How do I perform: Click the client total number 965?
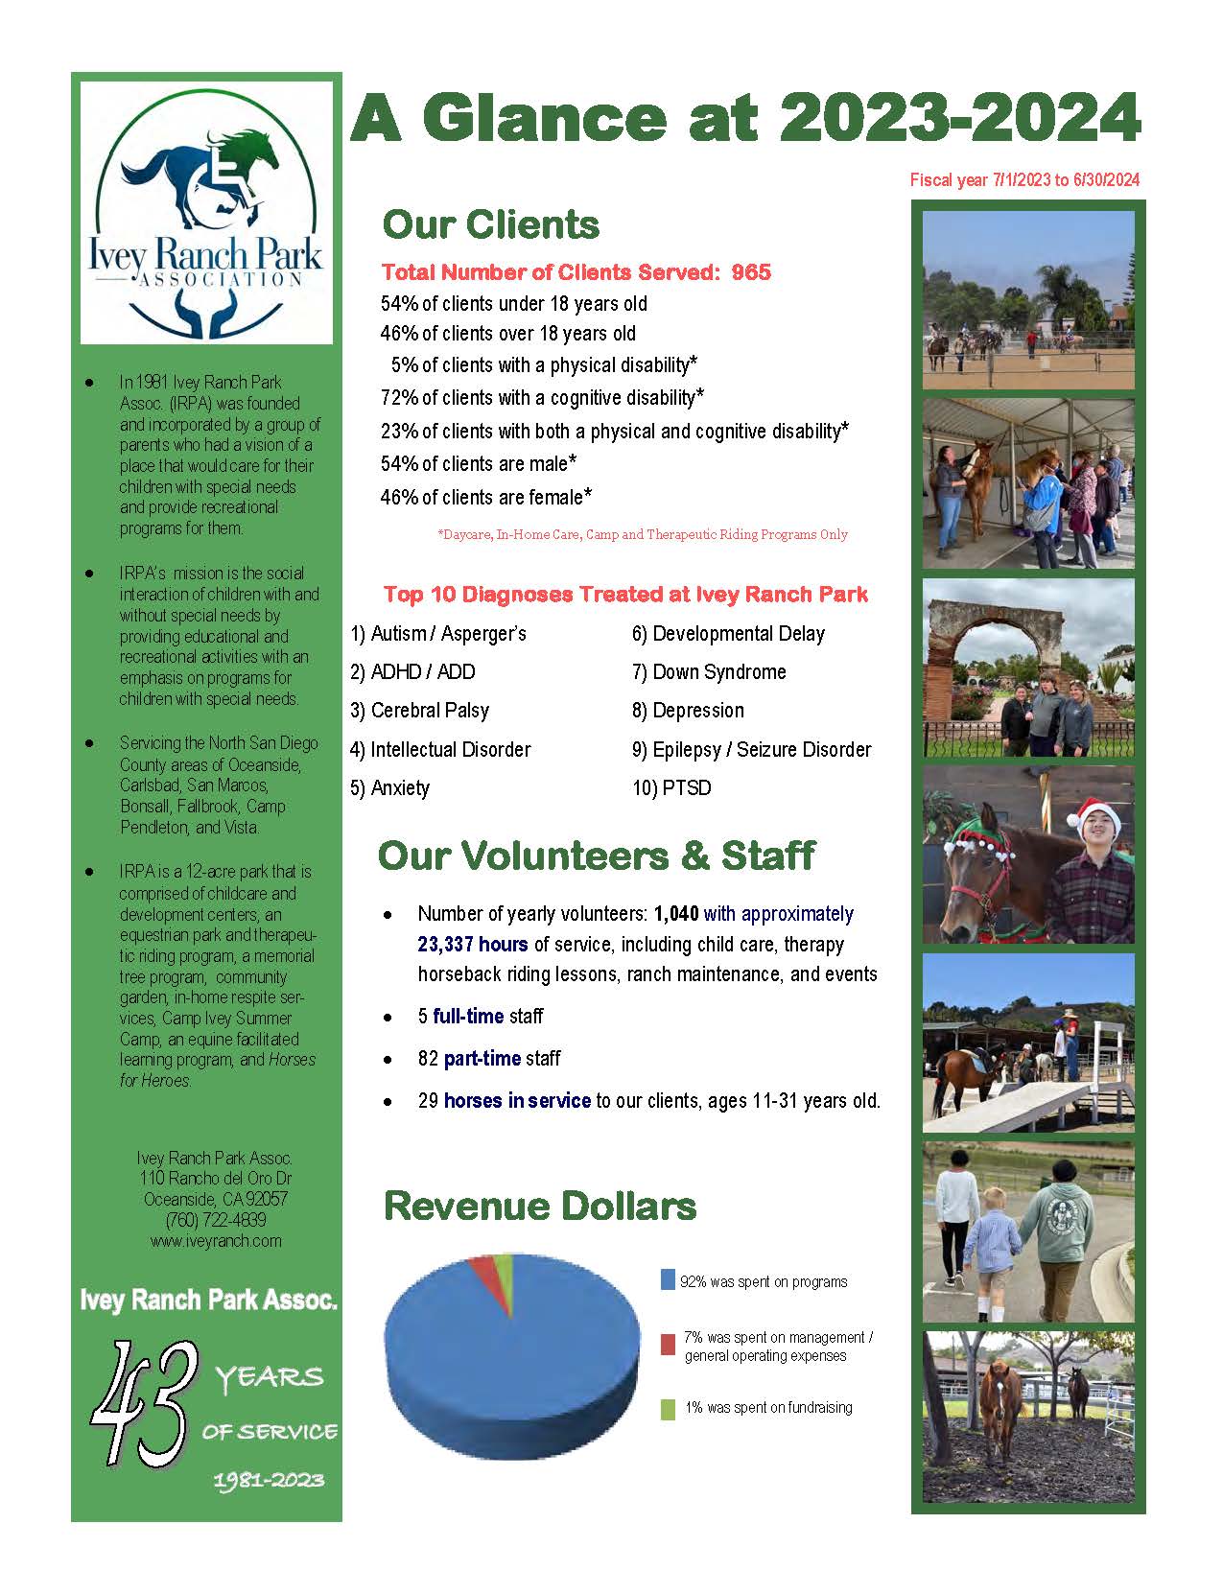(x=751, y=272)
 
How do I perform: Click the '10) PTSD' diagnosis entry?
(x=671, y=788)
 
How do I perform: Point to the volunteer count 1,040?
(x=676, y=914)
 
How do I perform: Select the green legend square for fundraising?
(x=668, y=1409)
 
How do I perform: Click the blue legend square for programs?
(x=668, y=1280)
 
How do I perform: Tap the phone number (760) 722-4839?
(x=216, y=1220)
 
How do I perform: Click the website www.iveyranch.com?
(x=216, y=1241)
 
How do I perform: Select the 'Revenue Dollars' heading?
(x=540, y=1207)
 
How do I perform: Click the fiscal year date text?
(x=1024, y=180)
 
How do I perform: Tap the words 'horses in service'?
(x=517, y=1101)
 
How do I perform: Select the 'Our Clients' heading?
(x=491, y=225)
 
